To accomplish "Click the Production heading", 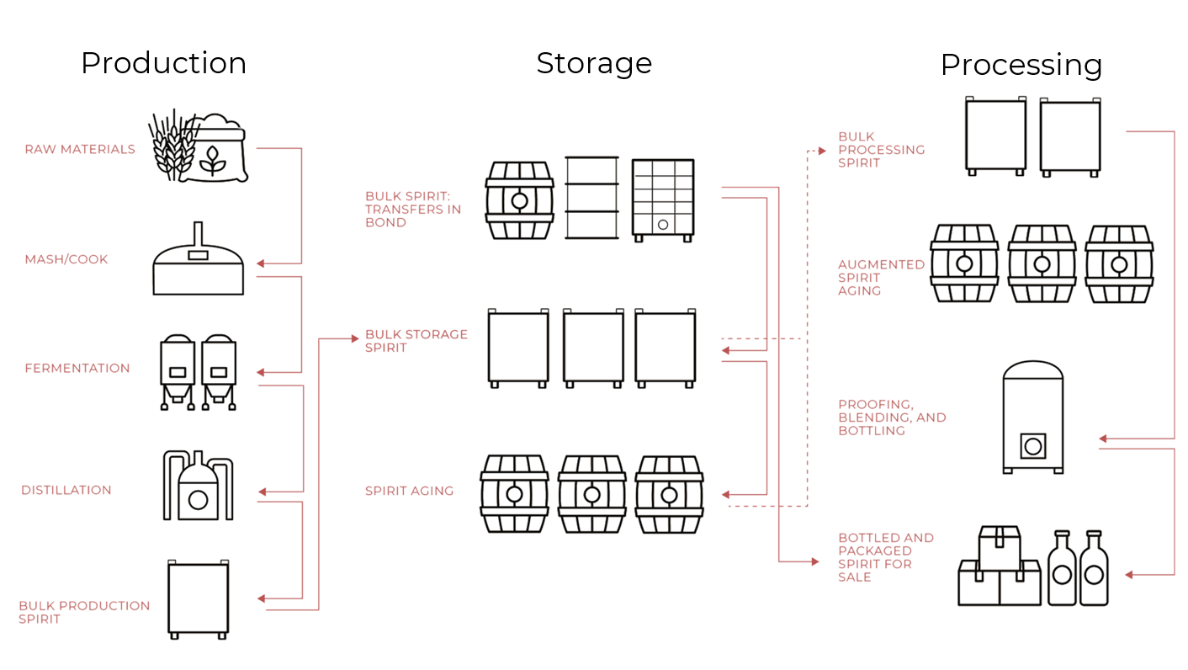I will coord(163,63).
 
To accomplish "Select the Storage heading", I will coord(594,63).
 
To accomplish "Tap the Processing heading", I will coord(1021,65).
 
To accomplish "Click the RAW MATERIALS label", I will coord(80,149).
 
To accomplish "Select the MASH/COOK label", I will coord(66,259).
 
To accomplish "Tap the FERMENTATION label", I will coord(77,368).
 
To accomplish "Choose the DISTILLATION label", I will coord(66,490).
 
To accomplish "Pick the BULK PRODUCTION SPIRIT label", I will coord(84,612).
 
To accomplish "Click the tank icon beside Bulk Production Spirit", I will coord(199,599).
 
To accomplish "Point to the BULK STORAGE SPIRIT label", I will coord(416,341).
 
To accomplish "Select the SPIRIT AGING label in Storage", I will coord(409,491).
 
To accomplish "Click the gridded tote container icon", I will coord(663,199).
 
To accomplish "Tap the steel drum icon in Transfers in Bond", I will coord(591,197).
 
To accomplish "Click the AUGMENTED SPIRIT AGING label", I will coord(881,277).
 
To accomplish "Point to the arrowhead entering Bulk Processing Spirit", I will coord(821,151).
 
